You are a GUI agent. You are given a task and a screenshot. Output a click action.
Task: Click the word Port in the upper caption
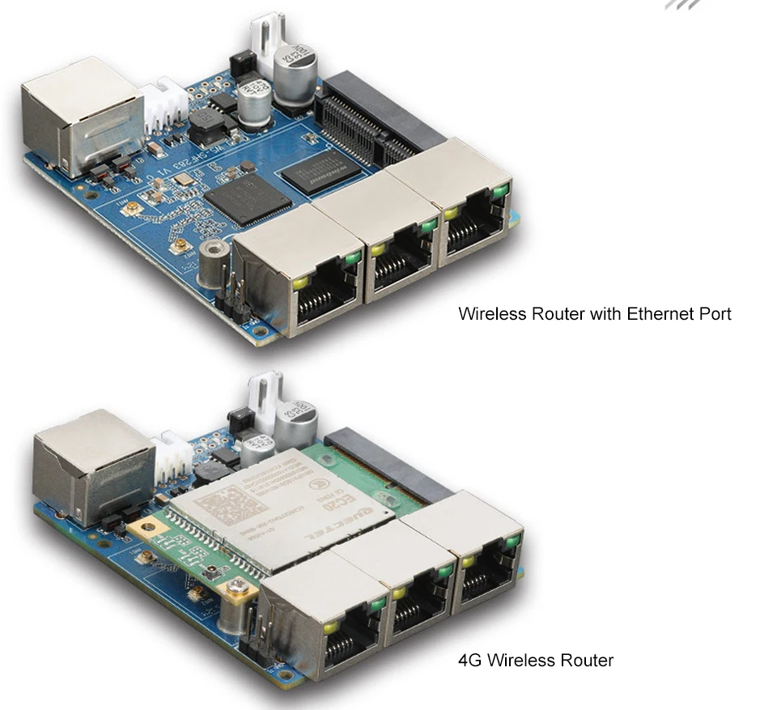point(714,313)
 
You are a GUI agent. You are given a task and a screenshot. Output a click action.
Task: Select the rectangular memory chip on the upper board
point(323,173)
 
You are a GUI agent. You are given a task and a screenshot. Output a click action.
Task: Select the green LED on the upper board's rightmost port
point(501,191)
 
